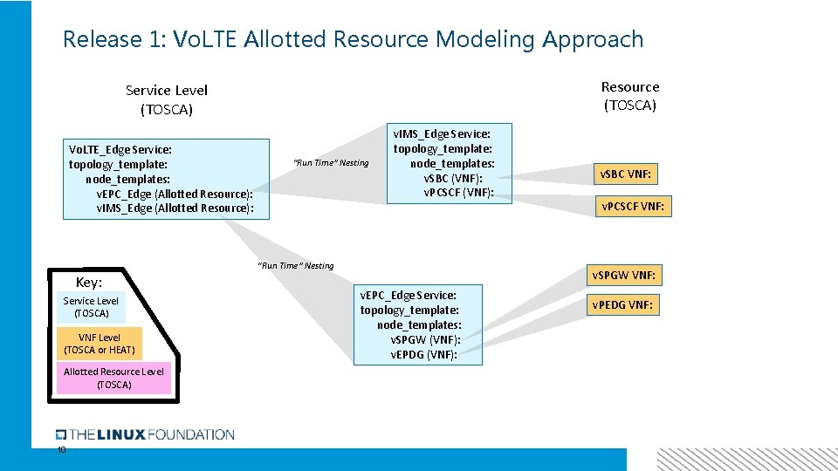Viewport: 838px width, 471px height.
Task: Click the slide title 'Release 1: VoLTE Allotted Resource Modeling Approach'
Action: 353,39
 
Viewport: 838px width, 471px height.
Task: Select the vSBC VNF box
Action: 624,174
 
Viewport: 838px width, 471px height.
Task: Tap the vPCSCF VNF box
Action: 634,207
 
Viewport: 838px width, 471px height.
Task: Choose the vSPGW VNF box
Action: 623,276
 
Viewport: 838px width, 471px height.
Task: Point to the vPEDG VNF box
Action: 623,305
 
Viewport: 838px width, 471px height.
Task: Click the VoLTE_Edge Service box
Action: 167,179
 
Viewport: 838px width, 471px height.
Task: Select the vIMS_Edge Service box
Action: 449,163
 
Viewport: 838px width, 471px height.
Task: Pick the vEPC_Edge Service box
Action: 417,324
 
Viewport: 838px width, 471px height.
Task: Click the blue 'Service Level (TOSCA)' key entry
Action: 91,307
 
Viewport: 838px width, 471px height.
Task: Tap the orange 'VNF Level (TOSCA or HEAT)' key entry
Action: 100,344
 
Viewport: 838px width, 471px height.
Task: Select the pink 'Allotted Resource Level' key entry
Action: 113,378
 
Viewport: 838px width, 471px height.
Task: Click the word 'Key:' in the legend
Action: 89,283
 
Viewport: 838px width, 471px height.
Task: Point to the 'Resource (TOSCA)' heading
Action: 629,96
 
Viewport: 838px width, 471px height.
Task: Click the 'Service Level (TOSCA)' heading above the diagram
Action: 166,99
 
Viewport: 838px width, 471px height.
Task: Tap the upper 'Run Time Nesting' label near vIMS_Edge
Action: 331,163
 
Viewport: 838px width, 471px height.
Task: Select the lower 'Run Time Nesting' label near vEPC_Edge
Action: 295,266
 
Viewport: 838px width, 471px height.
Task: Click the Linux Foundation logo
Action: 145,434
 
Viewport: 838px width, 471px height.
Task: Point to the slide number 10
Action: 61,450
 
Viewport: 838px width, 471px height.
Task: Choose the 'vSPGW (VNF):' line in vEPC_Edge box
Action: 425,339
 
